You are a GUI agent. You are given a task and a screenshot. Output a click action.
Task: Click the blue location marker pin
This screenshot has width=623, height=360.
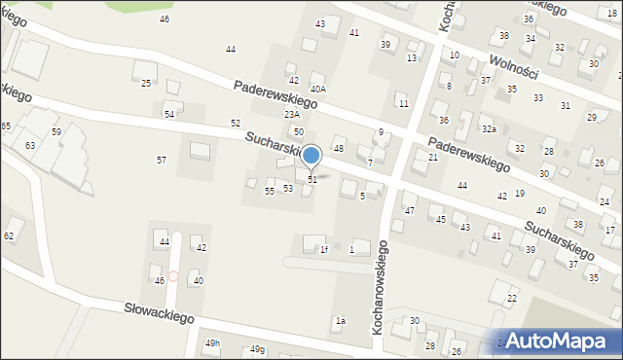pos(311,156)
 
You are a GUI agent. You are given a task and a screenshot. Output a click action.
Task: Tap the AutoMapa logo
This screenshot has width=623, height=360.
pos(554,341)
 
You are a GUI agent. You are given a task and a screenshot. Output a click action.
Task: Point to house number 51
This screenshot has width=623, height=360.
pos(312,180)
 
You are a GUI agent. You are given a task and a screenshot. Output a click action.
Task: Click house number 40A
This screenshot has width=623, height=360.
pos(317,89)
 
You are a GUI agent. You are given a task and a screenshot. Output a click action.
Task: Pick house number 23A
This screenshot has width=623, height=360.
pos(292,115)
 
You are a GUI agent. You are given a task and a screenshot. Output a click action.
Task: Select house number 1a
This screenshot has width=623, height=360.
pos(341,320)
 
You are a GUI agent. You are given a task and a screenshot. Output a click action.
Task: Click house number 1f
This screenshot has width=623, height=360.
pos(324,250)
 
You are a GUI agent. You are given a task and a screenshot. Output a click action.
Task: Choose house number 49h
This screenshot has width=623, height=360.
pos(213,344)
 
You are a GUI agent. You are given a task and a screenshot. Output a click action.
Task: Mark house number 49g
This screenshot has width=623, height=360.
pos(256,349)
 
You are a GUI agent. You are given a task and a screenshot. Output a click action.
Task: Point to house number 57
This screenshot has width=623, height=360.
pos(162,160)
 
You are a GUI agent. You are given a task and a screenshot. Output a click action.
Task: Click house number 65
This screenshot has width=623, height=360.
pos(6,127)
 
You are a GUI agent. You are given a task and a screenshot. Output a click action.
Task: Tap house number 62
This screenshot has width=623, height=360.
pos(10,236)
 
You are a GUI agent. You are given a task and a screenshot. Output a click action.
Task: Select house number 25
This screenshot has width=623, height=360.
pos(146,84)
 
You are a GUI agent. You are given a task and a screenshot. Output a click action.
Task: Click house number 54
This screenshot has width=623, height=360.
pos(169,115)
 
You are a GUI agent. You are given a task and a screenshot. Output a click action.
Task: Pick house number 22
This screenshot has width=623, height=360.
pos(512,298)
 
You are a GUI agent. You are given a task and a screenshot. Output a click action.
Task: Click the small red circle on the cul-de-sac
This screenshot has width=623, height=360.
pos(173,276)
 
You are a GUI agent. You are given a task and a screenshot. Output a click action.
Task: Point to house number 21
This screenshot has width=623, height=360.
pos(433,157)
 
